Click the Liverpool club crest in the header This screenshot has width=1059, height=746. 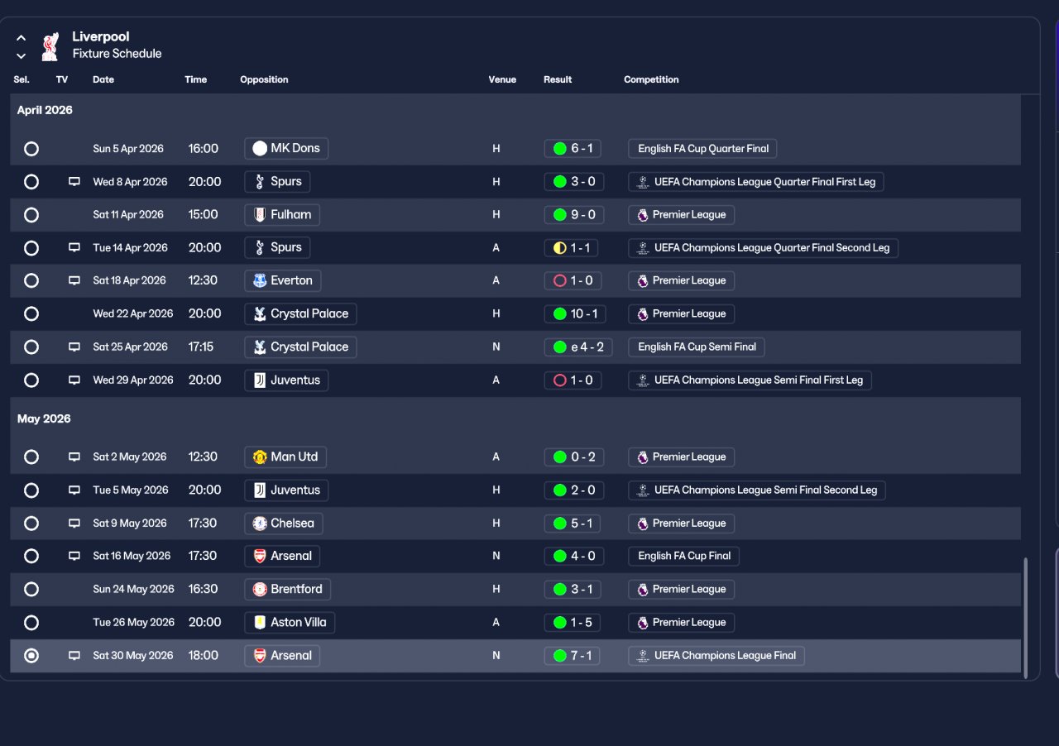click(50, 46)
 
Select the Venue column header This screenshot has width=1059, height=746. click(502, 79)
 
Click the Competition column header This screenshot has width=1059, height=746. click(651, 79)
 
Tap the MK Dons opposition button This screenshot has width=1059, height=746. click(286, 148)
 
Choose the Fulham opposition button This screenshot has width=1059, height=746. click(282, 215)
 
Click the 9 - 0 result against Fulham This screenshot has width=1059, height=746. click(573, 215)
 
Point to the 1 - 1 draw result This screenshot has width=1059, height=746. click(571, 248)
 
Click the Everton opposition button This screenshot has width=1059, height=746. click(282, 280)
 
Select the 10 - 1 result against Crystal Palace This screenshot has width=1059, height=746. click(575, 314)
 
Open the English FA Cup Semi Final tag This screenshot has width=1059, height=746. click(697, 347)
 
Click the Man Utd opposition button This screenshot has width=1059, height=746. click(285, 457)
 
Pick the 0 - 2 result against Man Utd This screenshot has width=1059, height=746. click(573, 457)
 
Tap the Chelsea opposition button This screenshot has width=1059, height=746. click(283, 524)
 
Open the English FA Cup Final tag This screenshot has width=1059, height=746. click(683, 556)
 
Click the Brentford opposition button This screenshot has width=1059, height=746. click(287, 589)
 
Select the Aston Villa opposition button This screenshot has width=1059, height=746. click(290, 622)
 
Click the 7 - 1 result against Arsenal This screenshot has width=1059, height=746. click(572, 656)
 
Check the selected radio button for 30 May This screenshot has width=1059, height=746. click(31, 656)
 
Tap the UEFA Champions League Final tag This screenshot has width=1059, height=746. click(716, 656)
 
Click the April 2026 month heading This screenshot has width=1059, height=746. click(45, 110)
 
